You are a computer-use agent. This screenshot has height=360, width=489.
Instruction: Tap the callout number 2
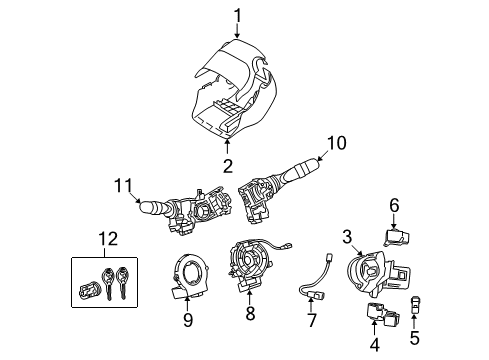(227, 166)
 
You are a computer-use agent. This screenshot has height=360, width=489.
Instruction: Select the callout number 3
(347, 236)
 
